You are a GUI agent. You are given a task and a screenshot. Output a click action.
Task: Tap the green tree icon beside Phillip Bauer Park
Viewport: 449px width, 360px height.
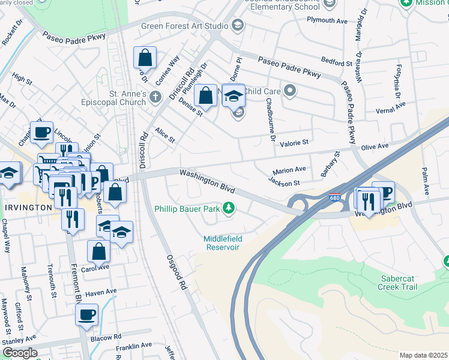(228, 208)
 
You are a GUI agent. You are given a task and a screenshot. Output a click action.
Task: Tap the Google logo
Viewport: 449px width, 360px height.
(19, 352)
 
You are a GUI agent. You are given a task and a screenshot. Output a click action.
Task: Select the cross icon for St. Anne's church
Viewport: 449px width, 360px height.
(155, 96)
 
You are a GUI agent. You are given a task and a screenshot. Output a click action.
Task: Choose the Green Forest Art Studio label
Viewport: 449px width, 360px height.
(184, 26)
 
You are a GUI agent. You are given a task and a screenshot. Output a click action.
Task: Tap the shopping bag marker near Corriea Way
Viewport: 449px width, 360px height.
(145, 58)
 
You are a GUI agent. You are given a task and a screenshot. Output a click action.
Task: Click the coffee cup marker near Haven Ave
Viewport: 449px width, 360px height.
(86, 314)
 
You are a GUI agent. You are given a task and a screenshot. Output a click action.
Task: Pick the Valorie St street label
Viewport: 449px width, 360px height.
(294, 143)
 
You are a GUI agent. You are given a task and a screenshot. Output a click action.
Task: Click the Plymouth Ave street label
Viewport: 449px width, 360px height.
(327, 20)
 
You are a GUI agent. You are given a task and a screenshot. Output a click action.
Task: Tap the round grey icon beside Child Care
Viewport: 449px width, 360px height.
(291, 91)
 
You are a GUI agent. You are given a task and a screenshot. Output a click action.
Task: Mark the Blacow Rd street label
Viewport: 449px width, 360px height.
(109, 337)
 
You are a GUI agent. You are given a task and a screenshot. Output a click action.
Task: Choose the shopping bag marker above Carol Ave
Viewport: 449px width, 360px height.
(99, 251)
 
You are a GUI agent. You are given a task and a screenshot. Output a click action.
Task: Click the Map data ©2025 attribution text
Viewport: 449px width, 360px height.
(423, 355)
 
